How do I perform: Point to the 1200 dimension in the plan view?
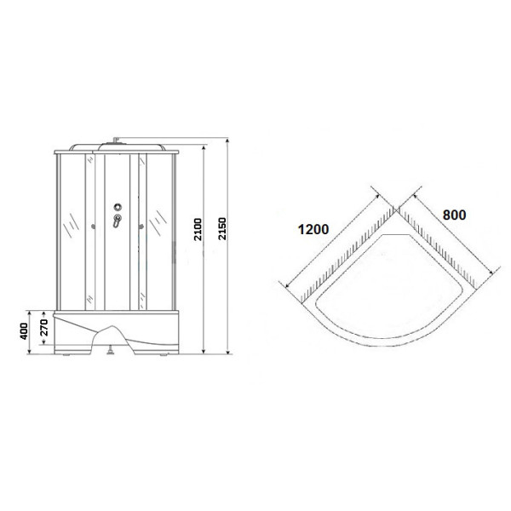pyautogui.click(x=313, y=231)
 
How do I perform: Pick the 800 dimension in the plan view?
pyautogui.click(x=454, y=215)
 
